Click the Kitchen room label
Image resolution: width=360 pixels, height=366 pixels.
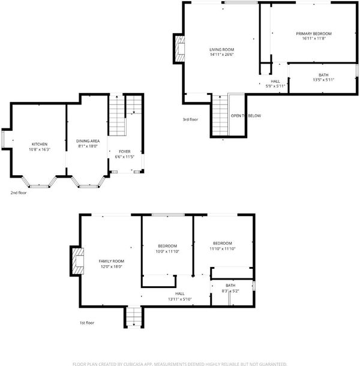click(x=40, y=144)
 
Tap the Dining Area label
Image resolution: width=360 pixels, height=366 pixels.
click(x=88, y=141)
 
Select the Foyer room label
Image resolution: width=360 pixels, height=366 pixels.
click(x=125, y=151)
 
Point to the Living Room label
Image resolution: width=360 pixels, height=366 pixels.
click(x=221, y=49)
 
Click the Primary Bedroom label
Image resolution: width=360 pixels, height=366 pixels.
click(x=314, y=34)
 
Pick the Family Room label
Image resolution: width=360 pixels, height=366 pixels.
click(x=112, y=261)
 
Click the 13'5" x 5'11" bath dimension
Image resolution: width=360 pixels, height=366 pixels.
click(x=323, y=80)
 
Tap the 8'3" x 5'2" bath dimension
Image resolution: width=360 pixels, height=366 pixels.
click(x=230, y=291)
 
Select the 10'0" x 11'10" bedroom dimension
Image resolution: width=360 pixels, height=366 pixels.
click(x=167, y=251)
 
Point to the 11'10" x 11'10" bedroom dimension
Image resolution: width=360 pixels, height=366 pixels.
click(x=222, y=249)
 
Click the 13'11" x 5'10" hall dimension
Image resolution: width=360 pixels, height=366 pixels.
click(x=180, y=299)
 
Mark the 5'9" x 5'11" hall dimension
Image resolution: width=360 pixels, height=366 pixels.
click(x=275, y=86)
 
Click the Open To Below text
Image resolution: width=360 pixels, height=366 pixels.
click(x=246, y=116)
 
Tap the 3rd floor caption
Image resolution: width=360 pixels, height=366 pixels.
click(x=190, y=119)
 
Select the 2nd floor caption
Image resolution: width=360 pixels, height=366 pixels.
click(x=19, y=193)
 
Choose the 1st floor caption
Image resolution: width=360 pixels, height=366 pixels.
click(x=87, y=323)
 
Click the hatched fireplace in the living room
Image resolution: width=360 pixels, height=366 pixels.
click(x=180, y=49)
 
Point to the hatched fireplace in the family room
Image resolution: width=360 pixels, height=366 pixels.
click(x=78, y=261)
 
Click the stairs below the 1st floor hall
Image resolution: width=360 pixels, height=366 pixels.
click(x=134, y=317)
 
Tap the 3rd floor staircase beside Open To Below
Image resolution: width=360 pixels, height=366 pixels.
click(x=220, y=115)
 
